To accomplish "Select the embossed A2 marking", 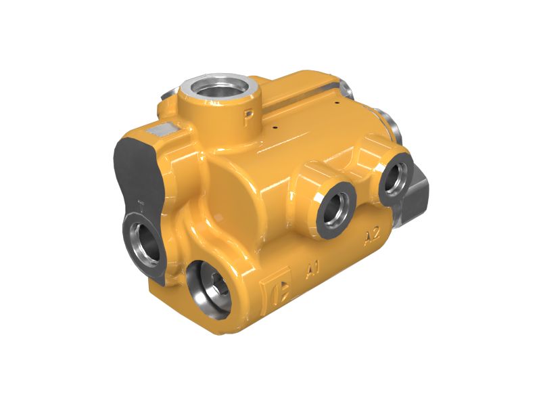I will pos(370,236).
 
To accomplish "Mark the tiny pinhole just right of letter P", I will pos(275,126).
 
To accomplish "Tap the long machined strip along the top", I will pos(298,95).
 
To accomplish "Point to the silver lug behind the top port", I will pos(347,87).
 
